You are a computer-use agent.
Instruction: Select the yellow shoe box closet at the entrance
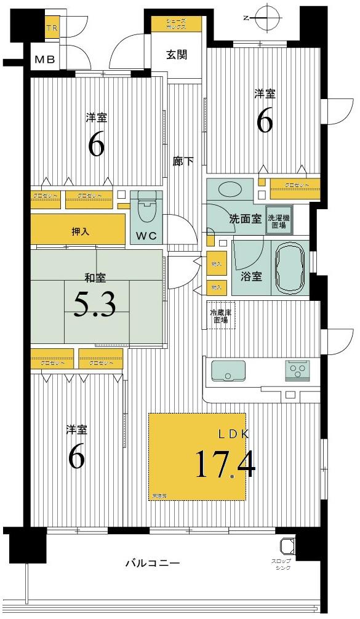click(177, 24)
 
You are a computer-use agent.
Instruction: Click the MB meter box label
click(44, 60)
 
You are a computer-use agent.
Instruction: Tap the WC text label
click(146, 236)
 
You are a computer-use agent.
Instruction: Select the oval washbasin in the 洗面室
click(230, 190)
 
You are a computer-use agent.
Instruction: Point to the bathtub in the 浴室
click(290, 268)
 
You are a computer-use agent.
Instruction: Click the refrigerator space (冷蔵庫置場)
click(220, 316)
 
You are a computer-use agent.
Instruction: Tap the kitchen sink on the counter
click(228, 371)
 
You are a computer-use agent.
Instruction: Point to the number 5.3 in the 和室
click(94, 304)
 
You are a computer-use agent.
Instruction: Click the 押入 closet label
click(80, 232)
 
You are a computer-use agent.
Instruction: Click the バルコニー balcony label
click(152, 562)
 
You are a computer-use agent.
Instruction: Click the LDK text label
click(234, 434)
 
